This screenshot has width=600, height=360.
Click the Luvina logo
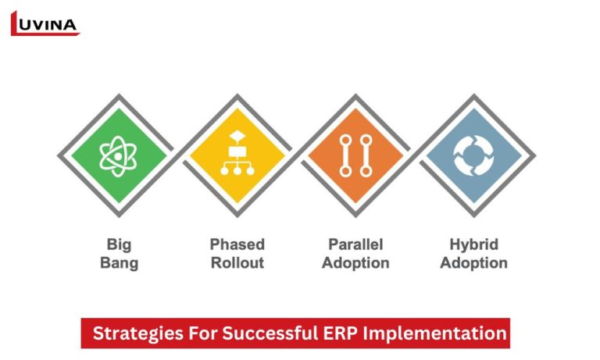click(x=45, y=23)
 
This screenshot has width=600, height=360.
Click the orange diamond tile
click(x=356, y=154)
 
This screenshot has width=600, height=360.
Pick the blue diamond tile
click(x=474, y=154)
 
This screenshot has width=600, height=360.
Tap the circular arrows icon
click(x=474, y=154)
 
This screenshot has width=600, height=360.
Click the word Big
click(x=119, y=244)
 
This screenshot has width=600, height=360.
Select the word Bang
click(x=119, y=263)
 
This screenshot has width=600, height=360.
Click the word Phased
click(x=237, y=244)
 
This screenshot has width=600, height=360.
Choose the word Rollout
click(x=237, y=263)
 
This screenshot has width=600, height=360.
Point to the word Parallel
click(x=356, y=244)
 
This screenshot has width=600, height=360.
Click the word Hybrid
click(x=474, y=244)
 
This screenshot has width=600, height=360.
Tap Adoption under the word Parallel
click(x=356, y=263)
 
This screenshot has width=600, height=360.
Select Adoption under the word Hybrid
click(x=474, y=263)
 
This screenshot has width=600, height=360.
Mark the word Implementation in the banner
click(x=438, y=333)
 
